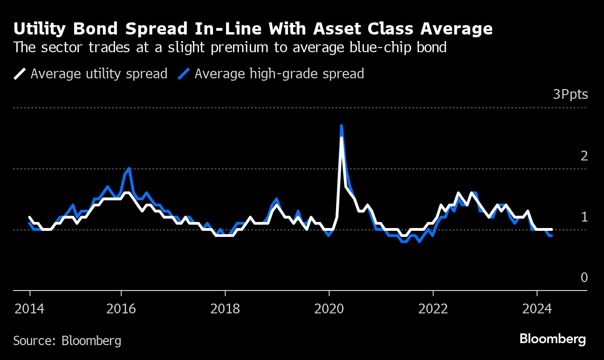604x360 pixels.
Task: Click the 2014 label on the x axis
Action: (30, 308)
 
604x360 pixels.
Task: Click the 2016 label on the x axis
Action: (121, 308)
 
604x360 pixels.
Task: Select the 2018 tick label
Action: (225, 308)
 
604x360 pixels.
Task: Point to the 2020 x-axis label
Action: (329, 308)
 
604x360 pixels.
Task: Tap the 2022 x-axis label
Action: (433, 308)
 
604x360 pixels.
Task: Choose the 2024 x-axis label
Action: (537, 308)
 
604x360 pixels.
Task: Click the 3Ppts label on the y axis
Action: (570, 95)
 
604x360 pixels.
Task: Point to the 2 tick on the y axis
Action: (584, 156)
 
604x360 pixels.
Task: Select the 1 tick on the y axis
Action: (584, 217)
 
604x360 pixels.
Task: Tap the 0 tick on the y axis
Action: (584, 277)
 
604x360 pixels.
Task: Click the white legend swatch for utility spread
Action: (20, 74)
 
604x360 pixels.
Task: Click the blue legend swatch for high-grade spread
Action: (184, 74)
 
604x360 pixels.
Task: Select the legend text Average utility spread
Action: (99, 74)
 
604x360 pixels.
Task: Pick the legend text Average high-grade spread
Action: (279, 74)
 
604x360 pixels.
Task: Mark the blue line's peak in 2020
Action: (342, 125)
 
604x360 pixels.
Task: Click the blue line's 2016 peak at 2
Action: (129, 168)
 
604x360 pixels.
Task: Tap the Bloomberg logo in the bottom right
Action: (553, 339)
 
